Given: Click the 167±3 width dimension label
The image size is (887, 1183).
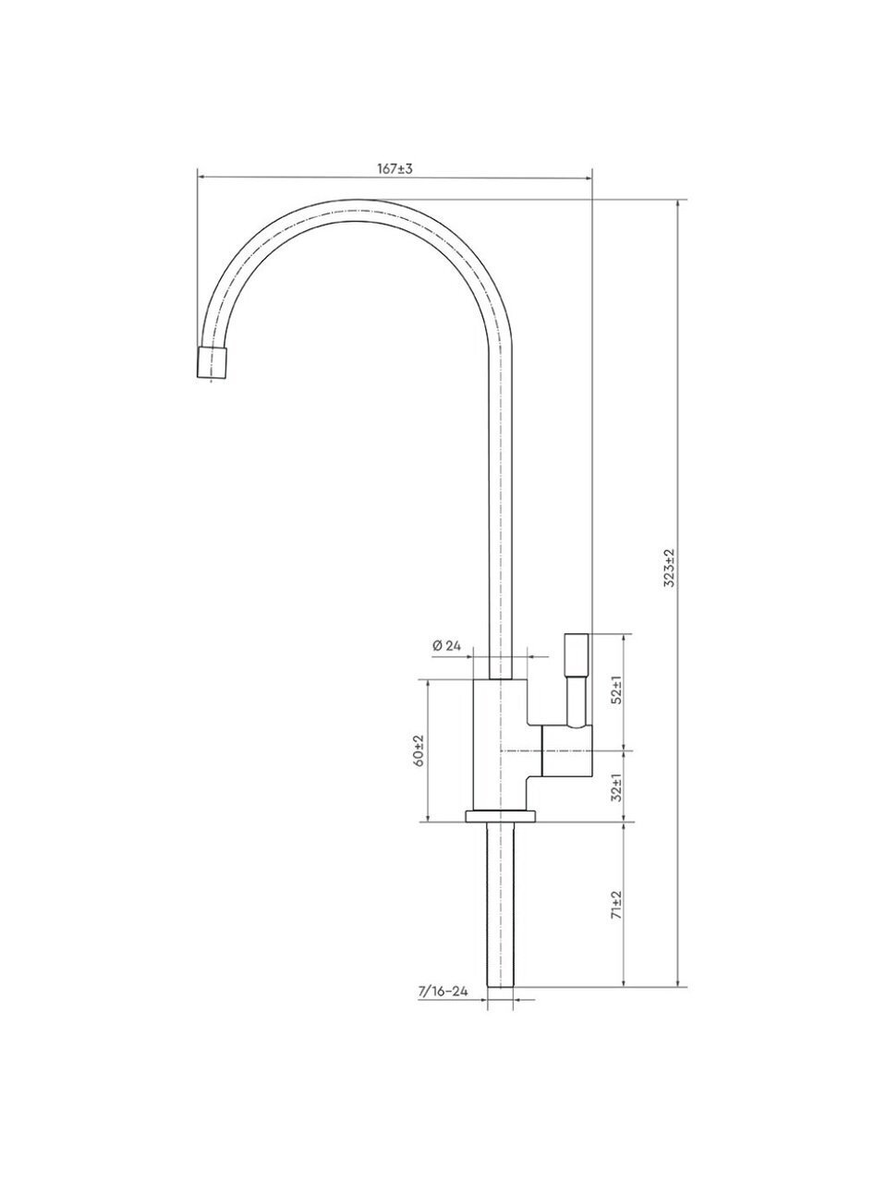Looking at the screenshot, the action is pos(395,168).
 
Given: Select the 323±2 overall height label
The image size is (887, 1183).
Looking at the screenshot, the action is pos(670,568).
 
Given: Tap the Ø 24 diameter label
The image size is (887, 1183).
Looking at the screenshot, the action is pos(446,645).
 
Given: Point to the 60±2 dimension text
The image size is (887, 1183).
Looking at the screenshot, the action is pos(420,750).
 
